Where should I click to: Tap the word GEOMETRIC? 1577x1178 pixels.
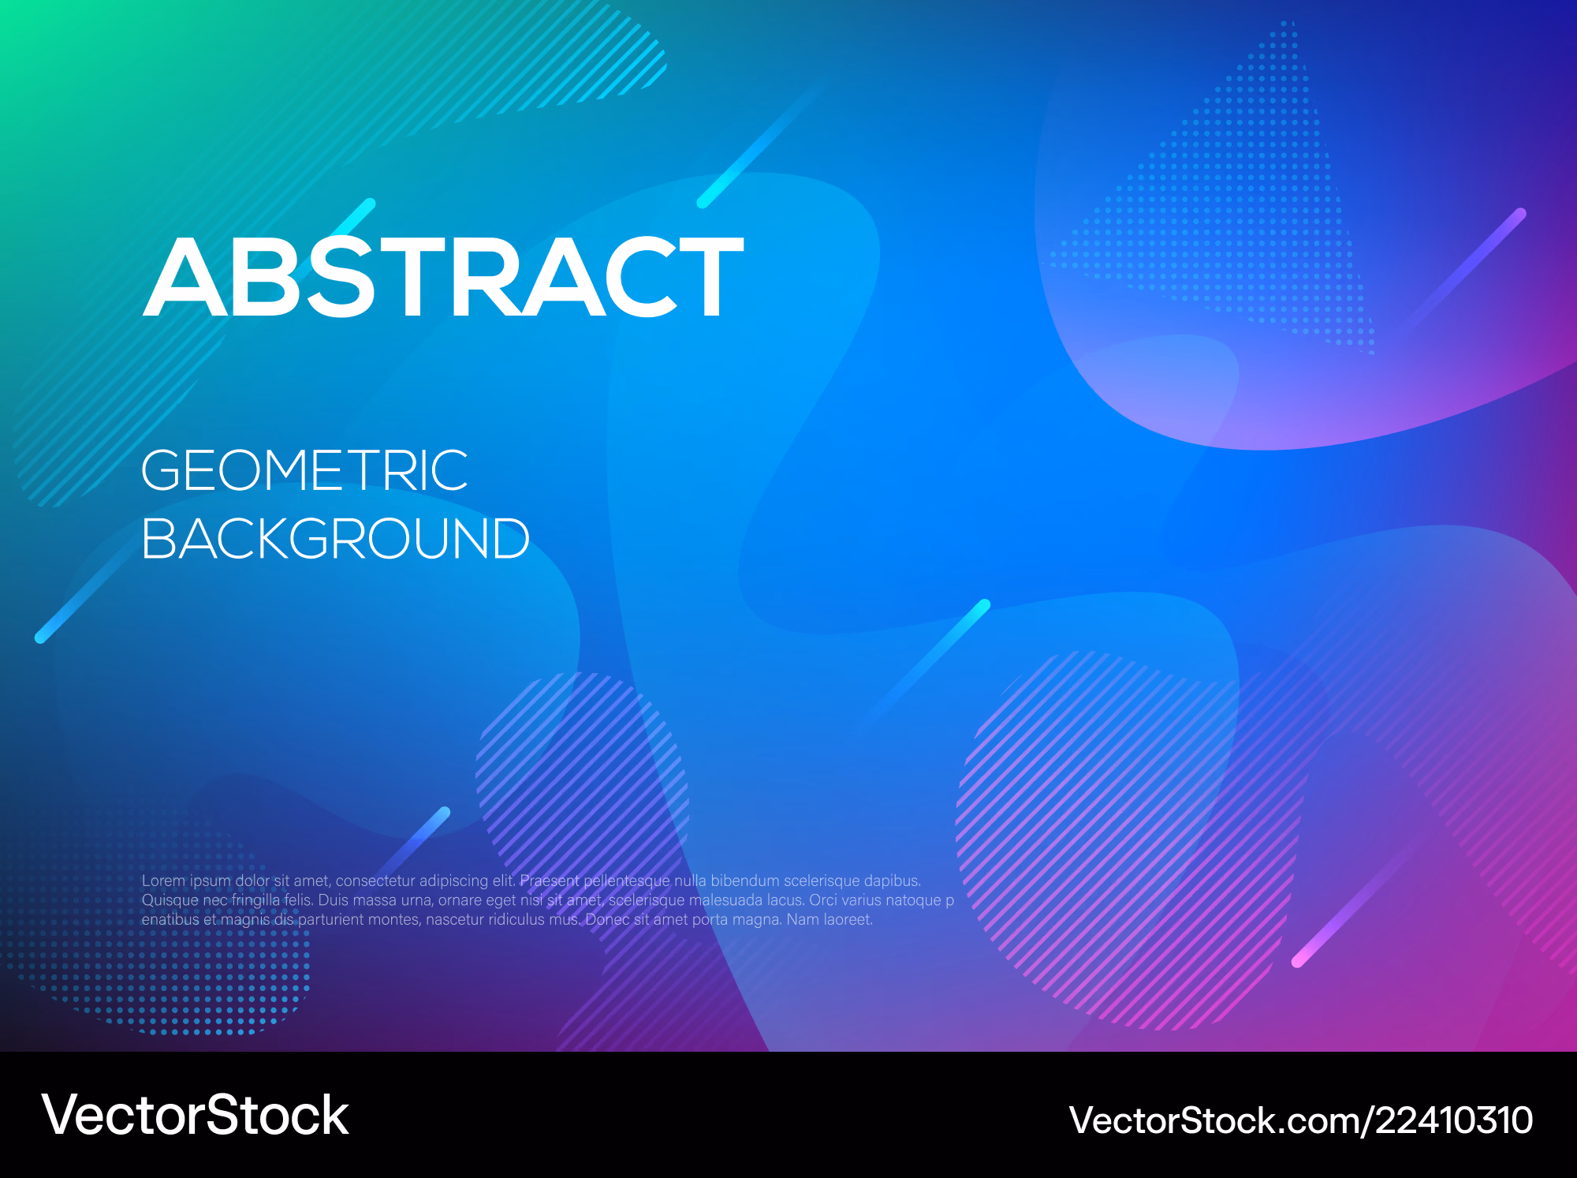pos(304,470)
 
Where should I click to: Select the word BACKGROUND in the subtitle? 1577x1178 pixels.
pos(336,539)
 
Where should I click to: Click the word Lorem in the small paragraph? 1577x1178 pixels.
pos(163,881)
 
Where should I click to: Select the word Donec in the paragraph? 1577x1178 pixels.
pos(607,920)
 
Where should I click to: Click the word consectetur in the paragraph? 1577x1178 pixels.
pos(375,881)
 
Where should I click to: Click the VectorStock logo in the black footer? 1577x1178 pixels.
pos(195,1116)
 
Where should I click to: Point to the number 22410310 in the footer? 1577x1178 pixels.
pos(1455,1120)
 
